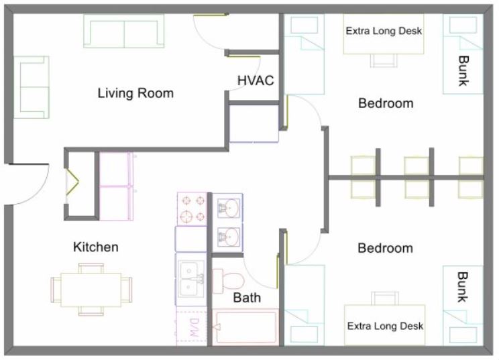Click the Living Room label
(x=135, y=93)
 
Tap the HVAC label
(x=256, y=80)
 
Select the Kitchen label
(x=96, y=247)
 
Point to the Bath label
(x=247, y=298)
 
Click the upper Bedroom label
(x=386, y=103)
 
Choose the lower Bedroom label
(x=386, y=248)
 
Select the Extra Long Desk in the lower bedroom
(x=385, y=326)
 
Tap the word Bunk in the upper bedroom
(x=463, y=71)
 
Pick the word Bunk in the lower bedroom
(x=462, y=287)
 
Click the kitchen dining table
(x=91, y=290)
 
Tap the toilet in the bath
(x=228, y=281)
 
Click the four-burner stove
(x=192, y=208)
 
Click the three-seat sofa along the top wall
(x=124, y=31)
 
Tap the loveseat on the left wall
(x=31, y=87)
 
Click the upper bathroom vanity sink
(x=228, y=208)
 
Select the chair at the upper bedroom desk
(x=384, y=60)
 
